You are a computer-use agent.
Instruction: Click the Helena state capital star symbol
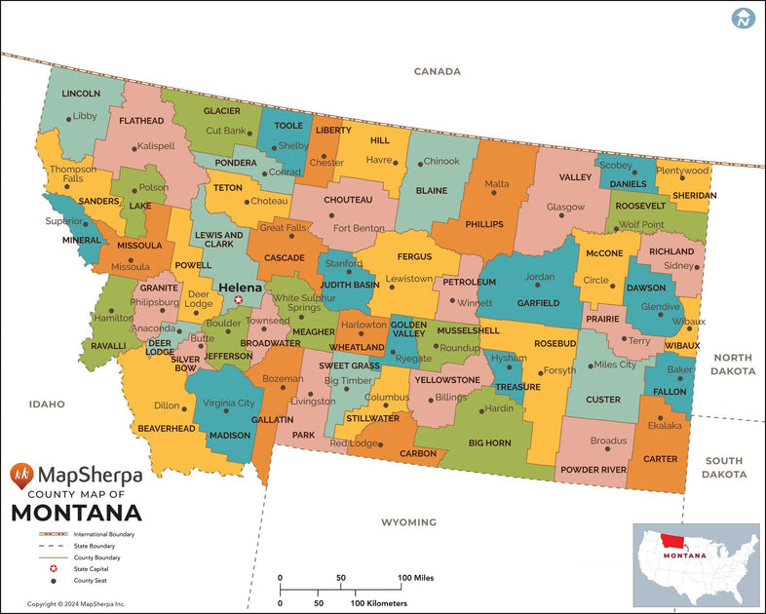tap(238, 300)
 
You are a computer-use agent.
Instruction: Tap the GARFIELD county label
tap(537, 303)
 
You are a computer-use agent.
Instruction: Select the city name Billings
tap(451, 398)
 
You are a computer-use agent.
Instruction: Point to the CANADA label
tap(437, 71)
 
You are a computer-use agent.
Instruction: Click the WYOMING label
tap(408, 522)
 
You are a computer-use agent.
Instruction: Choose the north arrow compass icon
tap(744, 18)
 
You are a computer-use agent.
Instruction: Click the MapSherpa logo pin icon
tap(22, 476)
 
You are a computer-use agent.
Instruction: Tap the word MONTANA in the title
tap(76, 513)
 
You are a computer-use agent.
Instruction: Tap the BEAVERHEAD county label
tap(168, 428)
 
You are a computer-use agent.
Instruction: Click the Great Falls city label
tap(284, 227)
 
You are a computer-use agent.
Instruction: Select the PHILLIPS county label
tap(484, 223)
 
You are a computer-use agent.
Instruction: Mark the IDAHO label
tap(46, 403)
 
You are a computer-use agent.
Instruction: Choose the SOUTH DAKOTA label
tap(724, 467)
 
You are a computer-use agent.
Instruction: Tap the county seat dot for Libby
tap(68, 119)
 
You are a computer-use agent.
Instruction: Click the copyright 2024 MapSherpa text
tap(76, 604)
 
